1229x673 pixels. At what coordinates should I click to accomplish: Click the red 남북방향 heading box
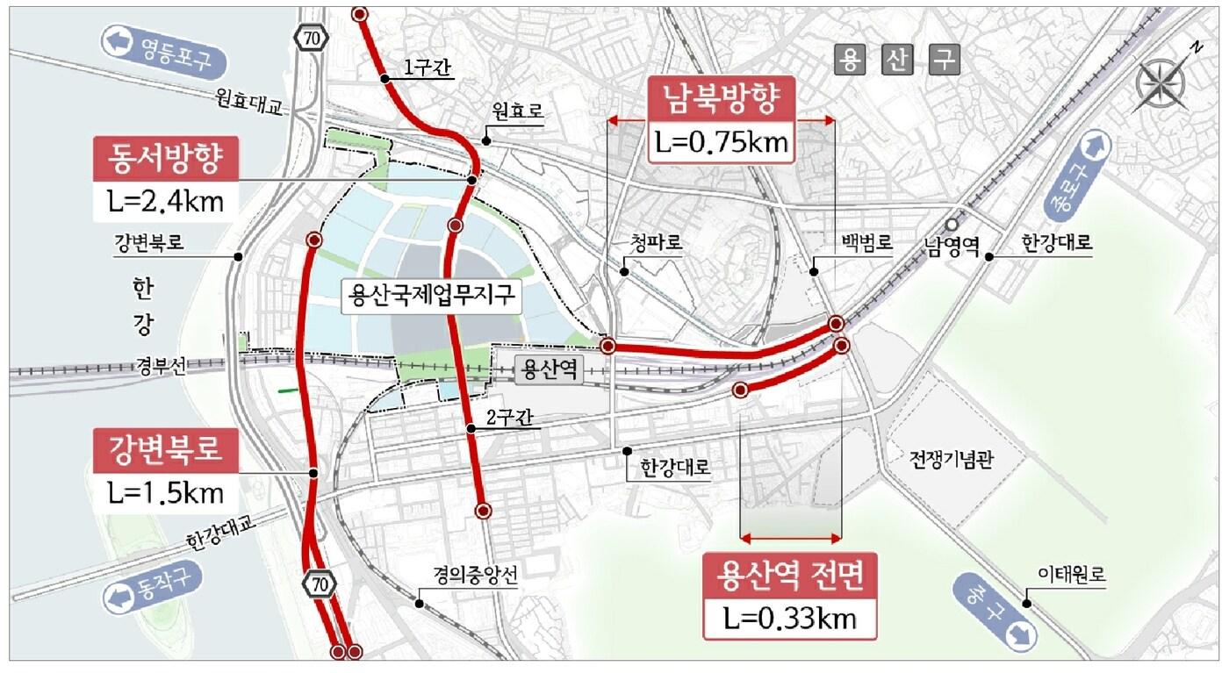click(722, 99)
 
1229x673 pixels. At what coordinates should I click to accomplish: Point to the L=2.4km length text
click(165, 201)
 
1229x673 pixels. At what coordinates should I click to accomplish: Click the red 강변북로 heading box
click(165, 451)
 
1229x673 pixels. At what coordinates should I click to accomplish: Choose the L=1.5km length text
click(165, 492)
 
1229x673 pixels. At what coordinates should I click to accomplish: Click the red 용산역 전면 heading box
click(791, 576)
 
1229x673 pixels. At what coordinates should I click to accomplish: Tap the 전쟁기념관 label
click(952, 459)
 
